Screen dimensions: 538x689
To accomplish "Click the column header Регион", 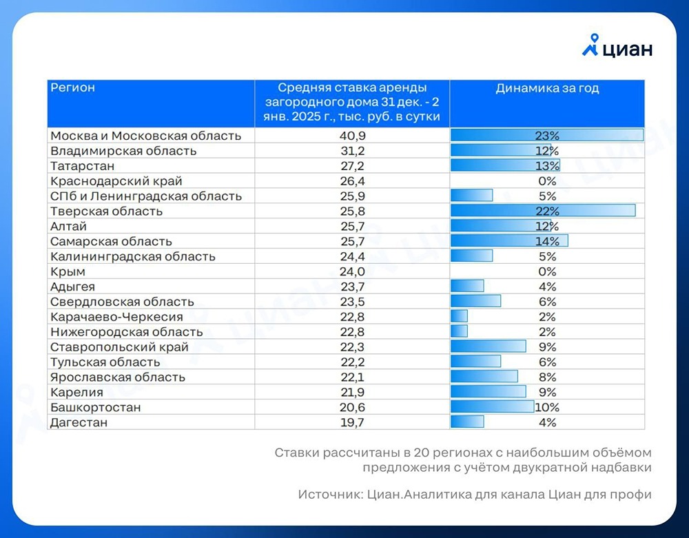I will click(x=72, y=88).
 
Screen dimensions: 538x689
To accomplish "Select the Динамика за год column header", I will click(x=547, y=89).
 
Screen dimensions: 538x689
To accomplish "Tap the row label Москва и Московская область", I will click(x=146, y=136).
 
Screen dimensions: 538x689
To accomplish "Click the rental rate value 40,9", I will click(x=352, y=136).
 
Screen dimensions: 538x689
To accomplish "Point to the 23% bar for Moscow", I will click(x=546, y=136).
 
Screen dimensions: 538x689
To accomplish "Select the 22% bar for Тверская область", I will click(x=542, y=211).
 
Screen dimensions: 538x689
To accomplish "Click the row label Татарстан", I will click(x=83, y=166).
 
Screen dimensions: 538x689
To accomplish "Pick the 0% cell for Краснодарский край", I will click(x=547, y=181).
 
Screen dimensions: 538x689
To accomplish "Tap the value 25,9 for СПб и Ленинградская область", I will click(x=352, y=196).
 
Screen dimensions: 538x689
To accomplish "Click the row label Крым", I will click(x=68, y=271).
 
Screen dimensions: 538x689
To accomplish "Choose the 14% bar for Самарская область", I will click(x=509, y=241).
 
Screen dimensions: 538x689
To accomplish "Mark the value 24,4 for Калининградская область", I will click(x=352, y=256).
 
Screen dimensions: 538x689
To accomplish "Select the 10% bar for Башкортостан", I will click(x=493, y=407).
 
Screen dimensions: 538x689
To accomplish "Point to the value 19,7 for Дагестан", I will click(x=352, y=422).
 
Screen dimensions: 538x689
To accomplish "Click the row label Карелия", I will click(x=77, y=392).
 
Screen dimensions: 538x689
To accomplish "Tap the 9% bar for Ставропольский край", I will click(x=488, y=346).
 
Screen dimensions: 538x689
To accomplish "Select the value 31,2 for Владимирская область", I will click(x=352, y=151).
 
